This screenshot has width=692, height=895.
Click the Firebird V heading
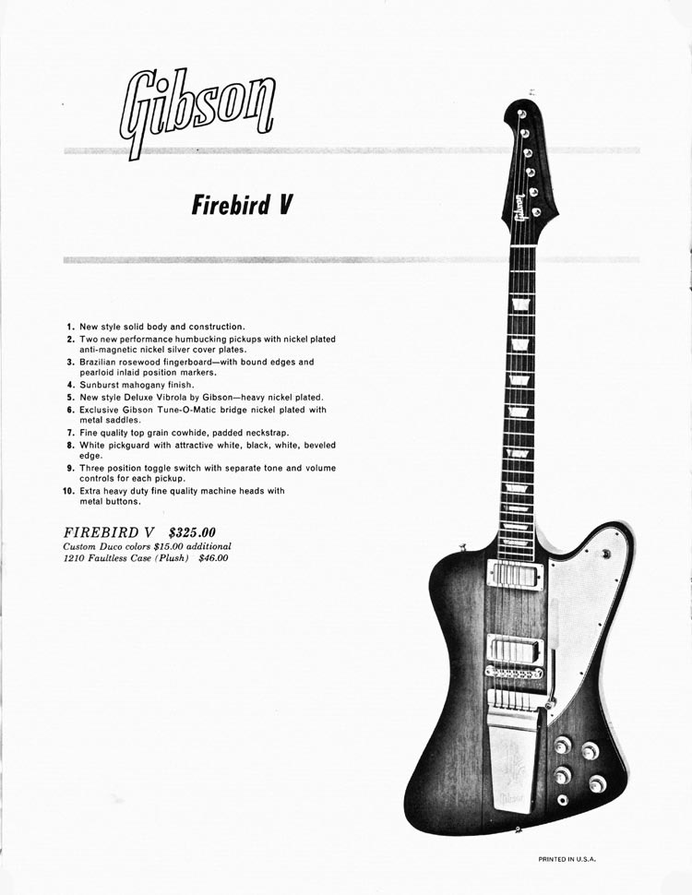(x=242, y=205)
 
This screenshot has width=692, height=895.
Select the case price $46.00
(x=213, y=558)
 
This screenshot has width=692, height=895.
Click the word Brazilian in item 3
(x=100, y=362)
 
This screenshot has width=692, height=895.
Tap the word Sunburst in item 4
(x=99, y=385)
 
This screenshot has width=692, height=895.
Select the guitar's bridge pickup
(x=516, y=650)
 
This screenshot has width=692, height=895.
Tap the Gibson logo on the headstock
(x=519, y=208)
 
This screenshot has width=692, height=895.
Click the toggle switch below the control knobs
(x=563, y=800)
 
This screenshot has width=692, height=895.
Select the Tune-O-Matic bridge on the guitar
(x=514, y=674)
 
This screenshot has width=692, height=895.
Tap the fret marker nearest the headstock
(x=522, y=304)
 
